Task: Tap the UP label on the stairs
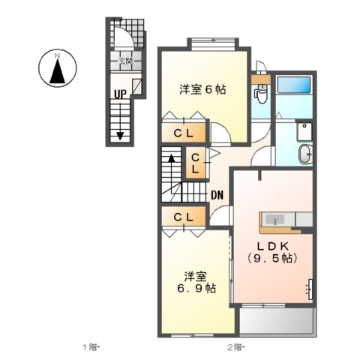[x=119, y=94]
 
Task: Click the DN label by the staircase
[x=217, y=196]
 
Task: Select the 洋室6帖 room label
[x=202, y=88]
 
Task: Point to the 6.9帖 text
[x=196, y=287]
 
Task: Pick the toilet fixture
[x=262, y=94]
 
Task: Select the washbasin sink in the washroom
[x=307, y=154]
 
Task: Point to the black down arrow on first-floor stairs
[x=119, y=135]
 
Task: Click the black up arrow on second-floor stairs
[x=171, y=159]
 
